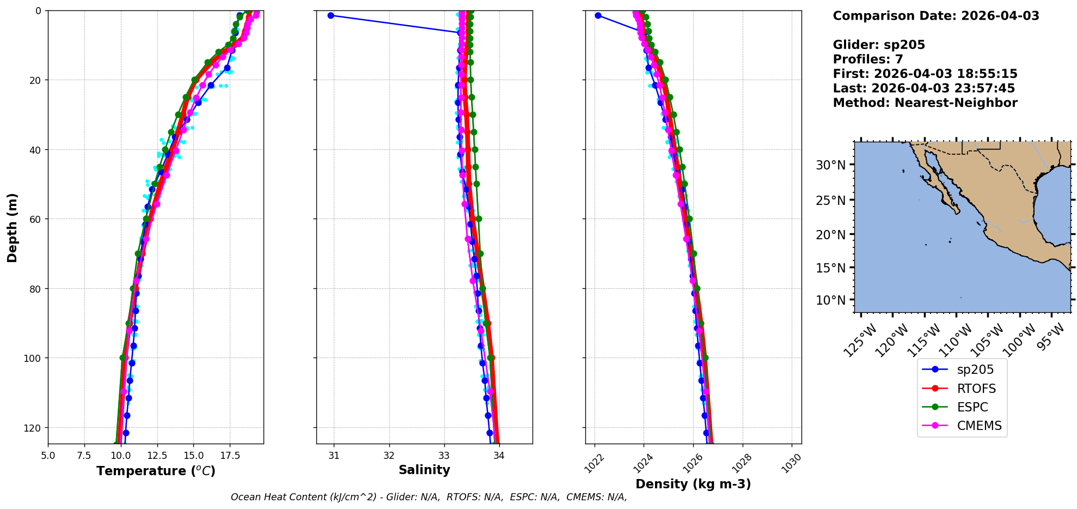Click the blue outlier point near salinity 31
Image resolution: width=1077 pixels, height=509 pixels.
click(331, 16)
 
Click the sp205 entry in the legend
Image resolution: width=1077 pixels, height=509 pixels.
click(975, 369)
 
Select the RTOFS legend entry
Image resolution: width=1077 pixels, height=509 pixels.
click(976, 389)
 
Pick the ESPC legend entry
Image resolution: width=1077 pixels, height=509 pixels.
click(972, 407)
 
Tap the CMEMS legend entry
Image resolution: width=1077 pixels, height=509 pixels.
click(978, 426)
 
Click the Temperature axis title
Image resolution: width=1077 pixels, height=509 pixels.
click(156, 471)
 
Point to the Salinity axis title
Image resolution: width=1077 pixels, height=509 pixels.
click(424, 470)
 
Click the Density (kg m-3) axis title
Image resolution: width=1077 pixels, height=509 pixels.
click(693, 484)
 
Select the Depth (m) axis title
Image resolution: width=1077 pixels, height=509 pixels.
click(12, 227)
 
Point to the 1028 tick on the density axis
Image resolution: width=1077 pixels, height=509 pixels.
click(742, 464)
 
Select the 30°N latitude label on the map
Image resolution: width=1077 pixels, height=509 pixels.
click(830, 165)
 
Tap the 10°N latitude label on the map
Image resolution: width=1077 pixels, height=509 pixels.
click(830, 300)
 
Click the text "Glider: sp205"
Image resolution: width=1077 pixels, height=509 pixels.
click(878, 45)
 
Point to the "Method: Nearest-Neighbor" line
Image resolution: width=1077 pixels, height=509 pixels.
click(925, 103)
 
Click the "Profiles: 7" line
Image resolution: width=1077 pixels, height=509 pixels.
click(867, 59)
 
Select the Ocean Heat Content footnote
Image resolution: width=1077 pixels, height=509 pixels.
click(429, 497)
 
